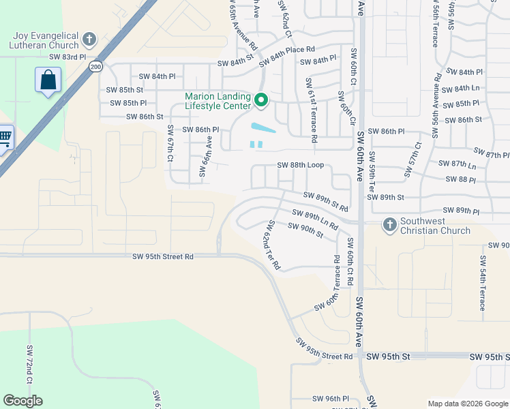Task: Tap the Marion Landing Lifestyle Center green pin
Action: coord(260,102)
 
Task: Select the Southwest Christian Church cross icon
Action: coord(389,224)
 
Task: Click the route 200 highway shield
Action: coord(95,66)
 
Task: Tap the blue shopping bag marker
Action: coord(48,80)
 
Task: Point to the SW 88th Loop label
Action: coord(300,165)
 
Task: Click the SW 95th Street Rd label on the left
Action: coord(164,257)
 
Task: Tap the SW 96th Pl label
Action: coord(331,399)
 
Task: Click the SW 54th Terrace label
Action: coord(483,283)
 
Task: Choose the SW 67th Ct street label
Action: coord(170,144)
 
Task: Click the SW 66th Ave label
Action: coord(202,156)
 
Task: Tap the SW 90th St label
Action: coord(305,230)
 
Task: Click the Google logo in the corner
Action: coord(22,401)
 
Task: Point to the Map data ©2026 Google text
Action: coord(468,404)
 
